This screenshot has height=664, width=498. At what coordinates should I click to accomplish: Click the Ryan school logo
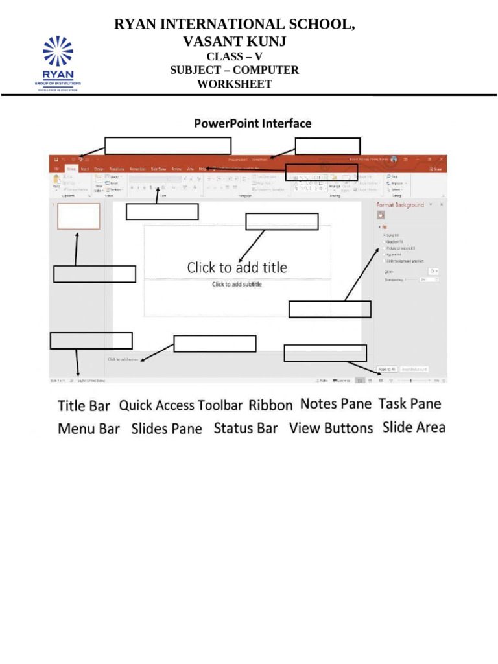(58, 64)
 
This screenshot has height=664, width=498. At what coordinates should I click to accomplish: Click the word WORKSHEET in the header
(234, 84)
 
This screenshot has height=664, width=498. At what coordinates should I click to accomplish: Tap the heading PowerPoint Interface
(253, 123)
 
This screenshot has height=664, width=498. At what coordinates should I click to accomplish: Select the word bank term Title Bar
(84, 406)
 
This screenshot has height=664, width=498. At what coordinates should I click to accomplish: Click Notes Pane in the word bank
(335, 404)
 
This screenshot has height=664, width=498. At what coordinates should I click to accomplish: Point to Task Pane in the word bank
(409, 404)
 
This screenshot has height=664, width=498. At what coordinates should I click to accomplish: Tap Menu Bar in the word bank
(89, 429)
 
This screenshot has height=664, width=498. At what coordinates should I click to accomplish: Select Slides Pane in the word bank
(167, 429)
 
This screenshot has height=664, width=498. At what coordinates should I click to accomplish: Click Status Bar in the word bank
(246, 428)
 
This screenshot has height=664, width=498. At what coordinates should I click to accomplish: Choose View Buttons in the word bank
(331, 428)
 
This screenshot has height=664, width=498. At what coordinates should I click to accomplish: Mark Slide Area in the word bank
(414, 427)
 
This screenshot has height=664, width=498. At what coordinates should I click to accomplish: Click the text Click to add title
(237, 267)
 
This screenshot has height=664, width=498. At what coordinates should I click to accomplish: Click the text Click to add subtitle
(237, 285)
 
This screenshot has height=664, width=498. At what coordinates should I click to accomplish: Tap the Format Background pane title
(400, 205)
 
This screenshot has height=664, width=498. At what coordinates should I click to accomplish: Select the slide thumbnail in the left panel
(78, 216)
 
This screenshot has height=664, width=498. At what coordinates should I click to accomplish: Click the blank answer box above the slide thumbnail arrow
(95, 274)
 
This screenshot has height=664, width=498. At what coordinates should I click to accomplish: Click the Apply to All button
(386, 368)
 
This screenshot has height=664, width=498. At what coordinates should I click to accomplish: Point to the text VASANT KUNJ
(234, 42)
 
